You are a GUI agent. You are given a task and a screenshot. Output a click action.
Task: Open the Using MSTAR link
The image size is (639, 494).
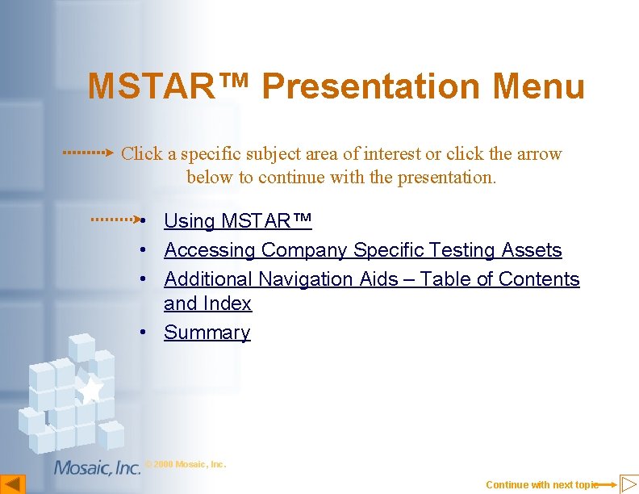click(237, 221)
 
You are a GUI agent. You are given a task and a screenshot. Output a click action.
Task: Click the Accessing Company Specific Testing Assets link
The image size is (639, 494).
click(362, 250)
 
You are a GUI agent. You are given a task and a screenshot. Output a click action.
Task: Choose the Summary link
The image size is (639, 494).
click(207, 333)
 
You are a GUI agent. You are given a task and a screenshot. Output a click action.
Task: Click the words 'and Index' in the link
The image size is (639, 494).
click(207, 304)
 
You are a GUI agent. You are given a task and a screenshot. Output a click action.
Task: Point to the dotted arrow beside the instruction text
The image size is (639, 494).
click(89, 152)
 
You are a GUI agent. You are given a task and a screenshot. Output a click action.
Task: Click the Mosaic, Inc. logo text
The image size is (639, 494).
click(97, 467)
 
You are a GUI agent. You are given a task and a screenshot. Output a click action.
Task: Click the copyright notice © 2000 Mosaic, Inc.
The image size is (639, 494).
click(186, 464)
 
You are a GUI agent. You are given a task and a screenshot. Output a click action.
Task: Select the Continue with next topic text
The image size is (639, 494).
click(541, 484)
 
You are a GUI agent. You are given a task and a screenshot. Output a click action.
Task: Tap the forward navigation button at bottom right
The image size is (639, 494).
click(629, 484)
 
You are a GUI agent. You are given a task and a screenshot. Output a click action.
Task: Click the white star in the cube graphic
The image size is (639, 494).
click(90, 389)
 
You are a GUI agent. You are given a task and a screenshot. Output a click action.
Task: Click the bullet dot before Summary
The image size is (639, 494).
click(141, 333)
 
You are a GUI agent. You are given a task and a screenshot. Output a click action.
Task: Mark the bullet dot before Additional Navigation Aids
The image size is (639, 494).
click(141, 279)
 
